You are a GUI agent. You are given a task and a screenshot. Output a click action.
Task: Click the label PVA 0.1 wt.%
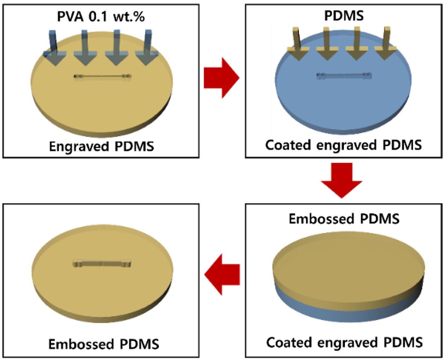click(101, 16)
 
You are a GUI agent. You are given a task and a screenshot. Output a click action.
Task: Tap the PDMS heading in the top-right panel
click(344, 16)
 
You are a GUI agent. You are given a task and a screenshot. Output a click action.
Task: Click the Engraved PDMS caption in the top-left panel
click(101, 146)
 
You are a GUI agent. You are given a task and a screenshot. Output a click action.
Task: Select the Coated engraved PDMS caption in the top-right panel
click(343, 145)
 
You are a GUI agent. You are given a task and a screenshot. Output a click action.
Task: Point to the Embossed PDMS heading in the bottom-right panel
click(344, 219)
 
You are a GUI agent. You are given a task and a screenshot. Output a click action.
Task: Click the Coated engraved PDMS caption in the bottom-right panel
click(344, 342)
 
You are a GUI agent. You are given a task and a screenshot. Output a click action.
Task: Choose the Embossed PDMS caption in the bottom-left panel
click(103, 344)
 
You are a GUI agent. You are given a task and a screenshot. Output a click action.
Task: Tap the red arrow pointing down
click(342, 180)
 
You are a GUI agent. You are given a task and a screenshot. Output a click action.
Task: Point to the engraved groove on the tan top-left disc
click(103, 76)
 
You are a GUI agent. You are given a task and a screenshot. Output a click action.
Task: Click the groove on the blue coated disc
click(344, 75)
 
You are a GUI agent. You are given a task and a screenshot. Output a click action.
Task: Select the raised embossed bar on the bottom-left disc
click(102, 263)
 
